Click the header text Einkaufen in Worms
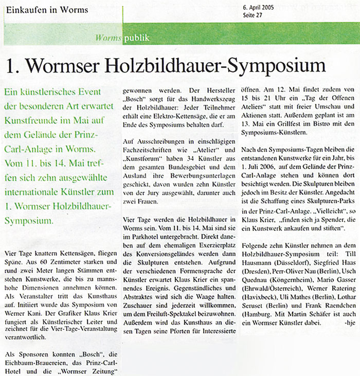click(x=44, y=10)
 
